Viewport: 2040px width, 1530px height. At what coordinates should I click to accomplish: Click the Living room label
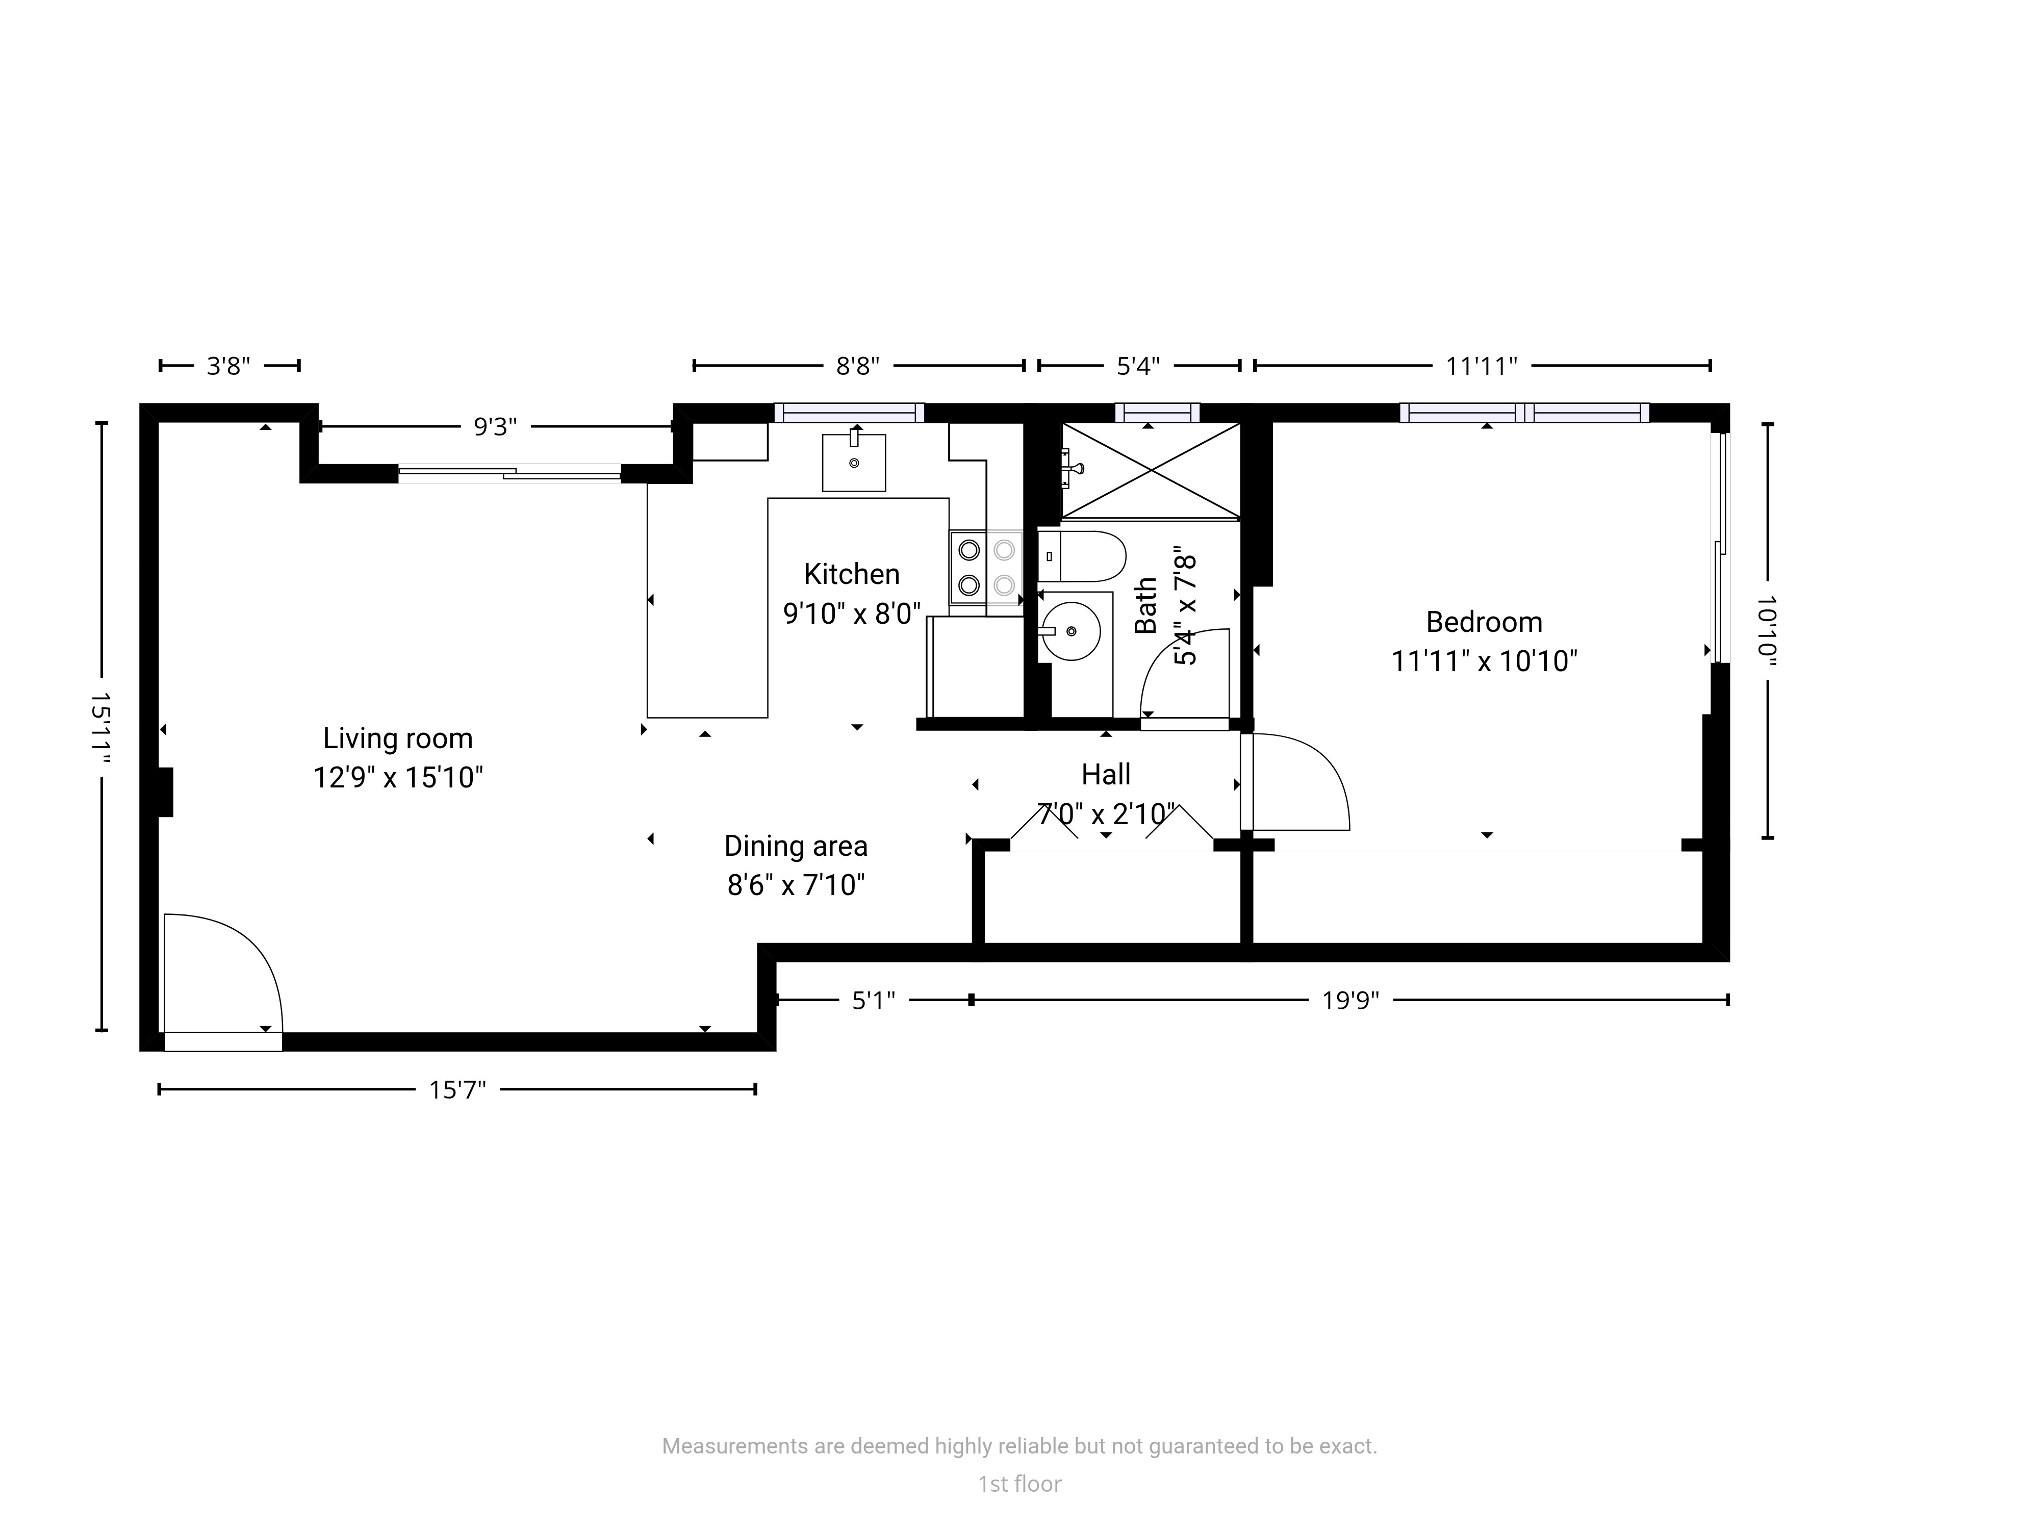tap(397, 738)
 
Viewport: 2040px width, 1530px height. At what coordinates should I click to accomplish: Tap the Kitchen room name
tap(851, 575)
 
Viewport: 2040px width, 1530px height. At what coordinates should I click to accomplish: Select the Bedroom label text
tap(1484, 623)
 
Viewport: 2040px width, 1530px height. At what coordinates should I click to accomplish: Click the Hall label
tap(1106, 775)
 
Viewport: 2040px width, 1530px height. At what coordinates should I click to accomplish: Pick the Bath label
tap(1145, 606)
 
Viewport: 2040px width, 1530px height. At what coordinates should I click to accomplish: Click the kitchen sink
tap(854, 462)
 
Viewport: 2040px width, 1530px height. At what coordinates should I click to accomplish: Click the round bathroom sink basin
tap(1070, 632)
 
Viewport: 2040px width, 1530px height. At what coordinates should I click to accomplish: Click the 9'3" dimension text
tap(495, 427)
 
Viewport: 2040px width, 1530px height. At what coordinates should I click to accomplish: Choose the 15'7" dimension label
tap(457, 1090)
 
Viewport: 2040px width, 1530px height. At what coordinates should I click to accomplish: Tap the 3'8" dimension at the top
tap(228, 366)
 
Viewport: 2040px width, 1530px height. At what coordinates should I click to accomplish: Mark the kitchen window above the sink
tap(849, 413)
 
